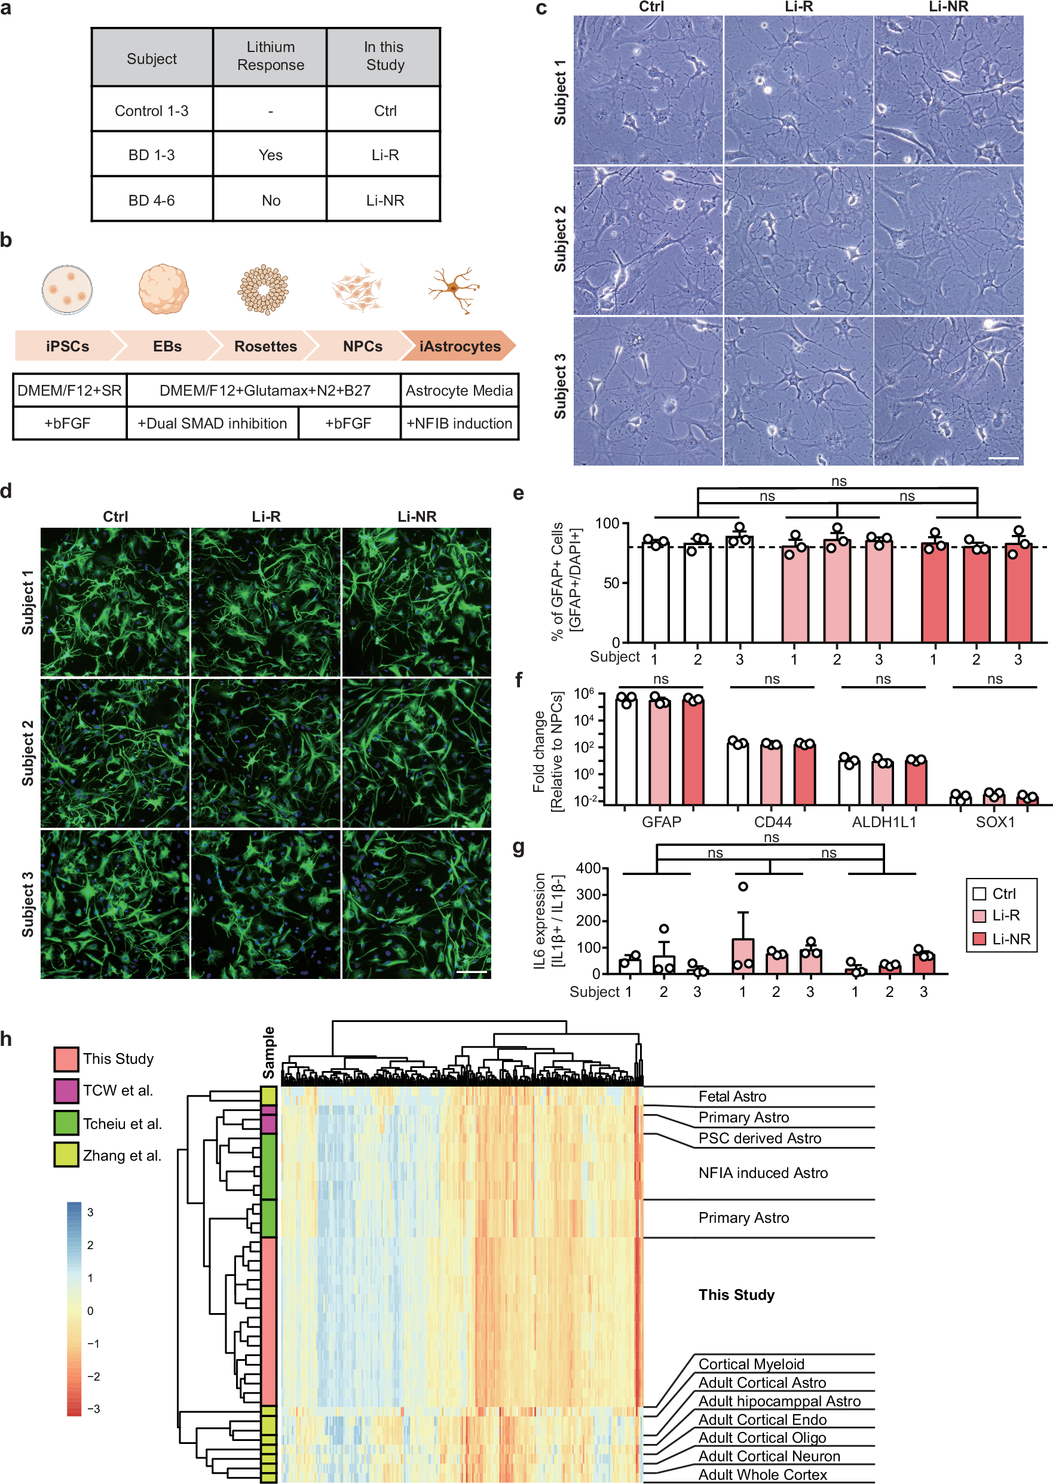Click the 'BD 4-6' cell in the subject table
[152, 200]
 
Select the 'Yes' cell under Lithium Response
[270, 155]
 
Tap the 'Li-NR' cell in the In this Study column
[384, 200]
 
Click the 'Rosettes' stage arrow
[265, 346]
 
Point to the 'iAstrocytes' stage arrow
[460, 346]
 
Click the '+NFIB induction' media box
[459, 423]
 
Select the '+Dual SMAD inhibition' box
[212, 423]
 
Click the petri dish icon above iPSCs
[67, 289]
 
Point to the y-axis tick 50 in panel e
[611, 582]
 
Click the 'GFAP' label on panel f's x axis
[662, 821]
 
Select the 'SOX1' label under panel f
[994, 821]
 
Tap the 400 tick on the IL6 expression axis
[588, 867]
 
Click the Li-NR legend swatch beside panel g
[979, 938]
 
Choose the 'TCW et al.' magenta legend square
[66, 1091]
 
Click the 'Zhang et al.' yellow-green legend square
[66, 1155]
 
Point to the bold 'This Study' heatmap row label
[736, 1294]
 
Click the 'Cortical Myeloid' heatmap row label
[751, 1363]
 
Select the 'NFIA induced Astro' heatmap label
[763, 1172]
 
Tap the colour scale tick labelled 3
[90, 1211]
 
